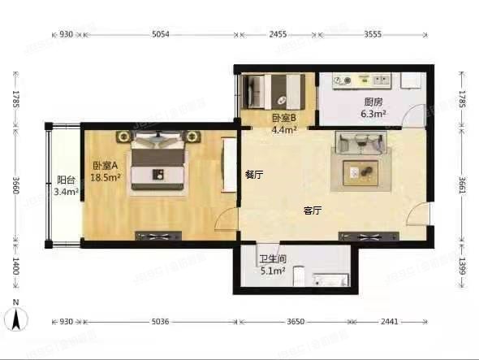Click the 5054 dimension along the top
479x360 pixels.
click(161, 34)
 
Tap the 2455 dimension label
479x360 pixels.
click(278, 34)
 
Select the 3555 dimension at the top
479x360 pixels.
click(373, 34)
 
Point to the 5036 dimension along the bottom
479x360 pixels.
click(161, 322)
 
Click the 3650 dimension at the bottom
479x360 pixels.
click(296, 322)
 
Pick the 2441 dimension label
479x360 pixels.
click(390, 322)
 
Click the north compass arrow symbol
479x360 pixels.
click(16, 319)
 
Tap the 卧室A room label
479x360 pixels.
click(106, 166)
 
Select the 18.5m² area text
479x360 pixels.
click(106, 177)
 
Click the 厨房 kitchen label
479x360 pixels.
click(373, 102)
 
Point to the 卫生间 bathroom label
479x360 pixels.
click(273, 259)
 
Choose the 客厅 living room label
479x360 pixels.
click(313, 210)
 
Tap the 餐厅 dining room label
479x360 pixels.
click(254, 175)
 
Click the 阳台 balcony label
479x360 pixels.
click(66, 180)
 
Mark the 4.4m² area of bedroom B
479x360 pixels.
click(284, 130)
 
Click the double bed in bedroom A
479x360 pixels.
click(158, 162)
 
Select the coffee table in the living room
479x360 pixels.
click(360, 173)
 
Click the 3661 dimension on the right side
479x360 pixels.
click(462, 185)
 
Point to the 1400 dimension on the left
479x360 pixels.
click(15, 266)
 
